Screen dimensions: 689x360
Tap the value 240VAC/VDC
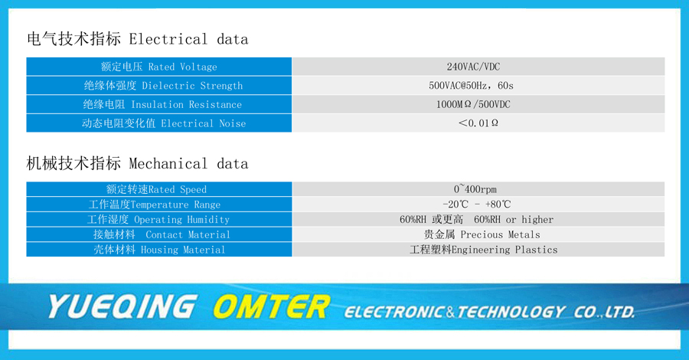[473, 67]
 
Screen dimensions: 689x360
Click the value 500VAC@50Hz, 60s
[471, 85]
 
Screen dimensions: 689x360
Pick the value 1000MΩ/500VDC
[473, 104]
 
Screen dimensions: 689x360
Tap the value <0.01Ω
[478, 123]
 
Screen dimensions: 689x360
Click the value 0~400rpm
[475, 189]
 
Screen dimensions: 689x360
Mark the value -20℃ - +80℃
[477, 205]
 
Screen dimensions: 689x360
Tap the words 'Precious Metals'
[500, 234]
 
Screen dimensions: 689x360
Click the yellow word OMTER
[271, 306]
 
